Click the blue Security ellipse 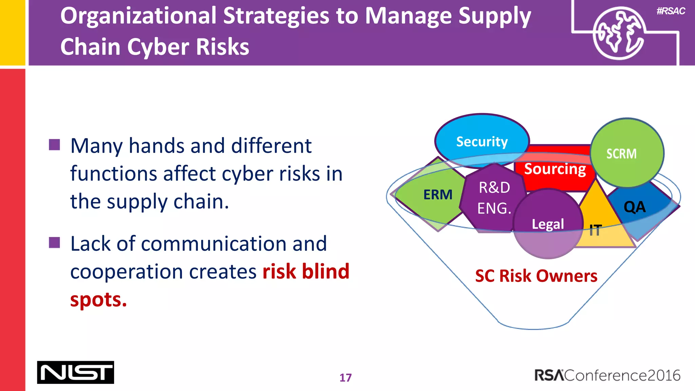482,141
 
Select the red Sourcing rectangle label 555,169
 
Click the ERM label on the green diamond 438,195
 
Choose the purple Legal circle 548,224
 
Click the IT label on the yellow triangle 595,230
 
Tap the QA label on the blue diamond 635,207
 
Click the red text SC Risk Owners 536,276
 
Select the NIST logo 75,372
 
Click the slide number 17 345,378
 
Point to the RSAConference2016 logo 607,375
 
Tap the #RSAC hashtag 671,11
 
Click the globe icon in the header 618,33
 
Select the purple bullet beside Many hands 54,145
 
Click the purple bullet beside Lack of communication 54,243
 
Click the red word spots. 98,300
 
